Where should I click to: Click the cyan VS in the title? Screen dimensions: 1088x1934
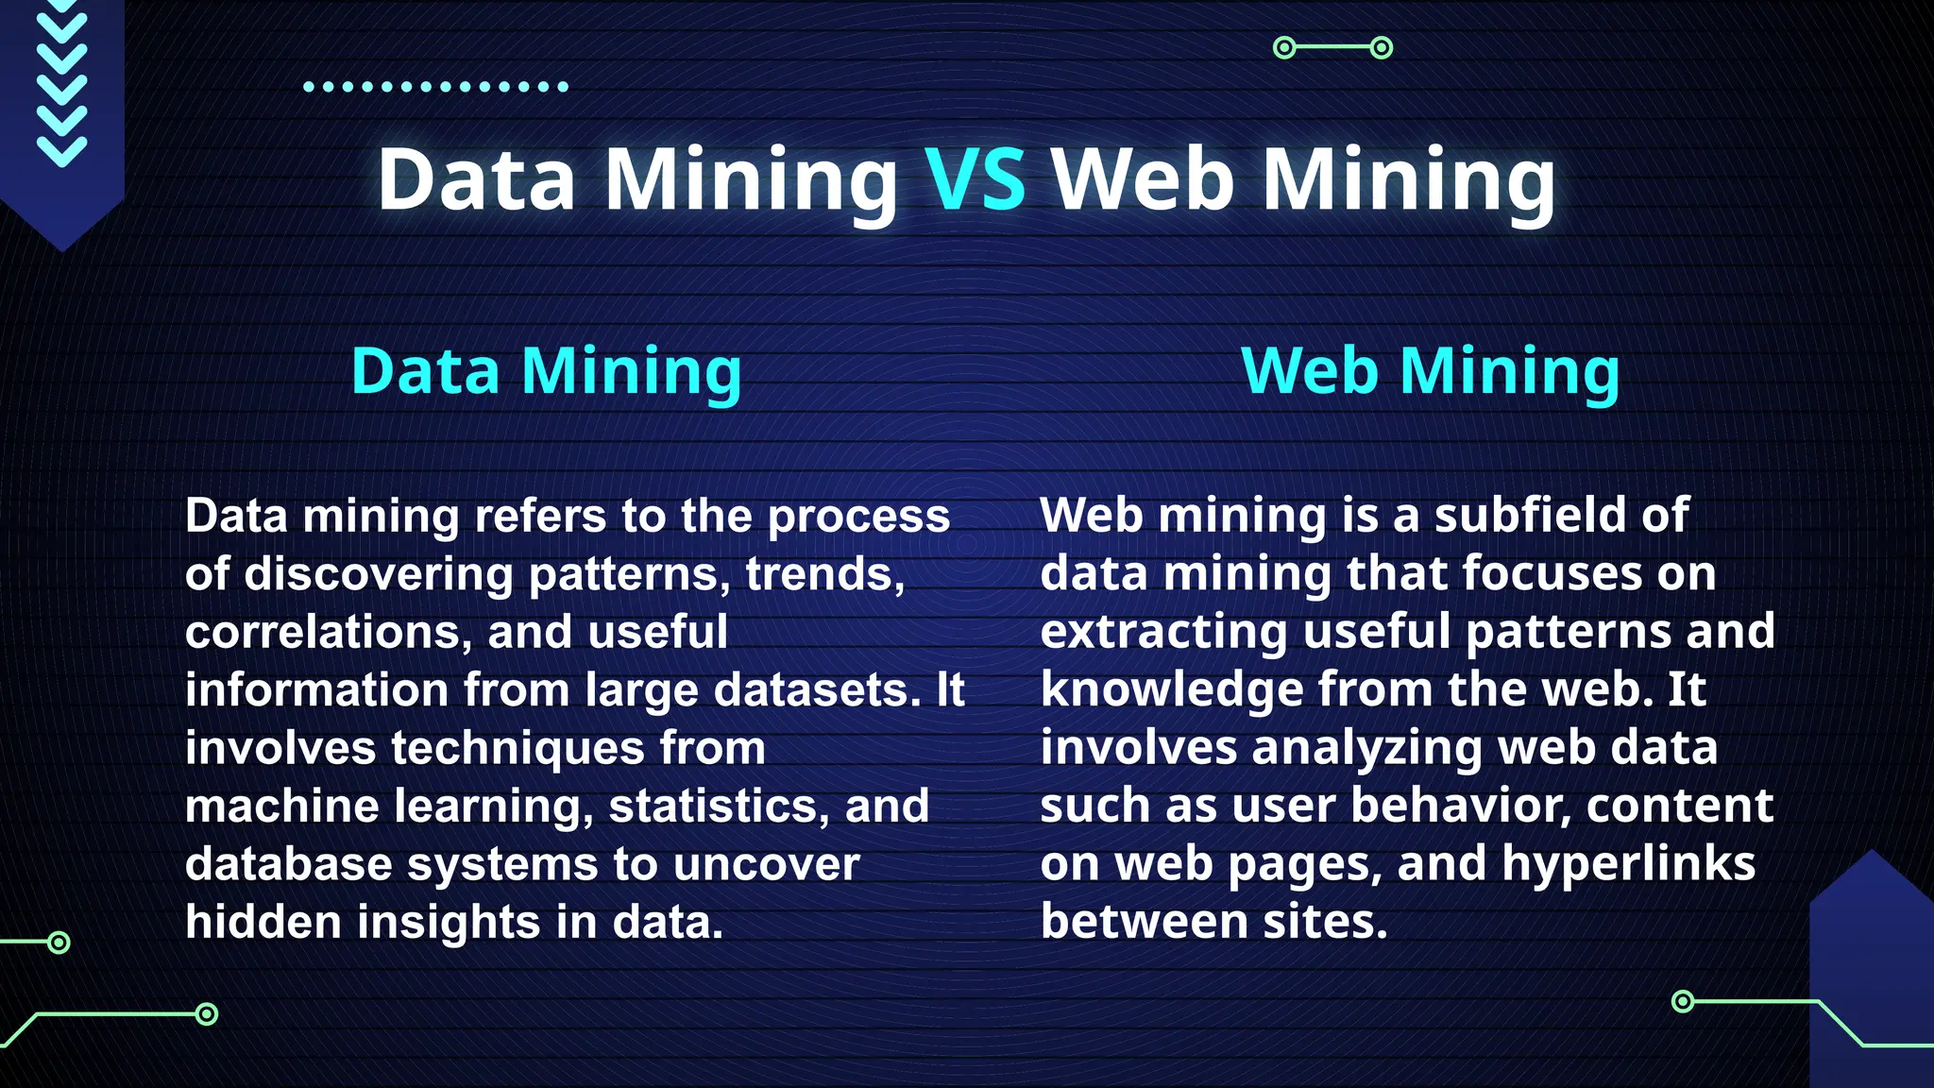[x=975, y=179]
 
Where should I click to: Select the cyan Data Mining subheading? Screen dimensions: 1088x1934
[x=546, y=370]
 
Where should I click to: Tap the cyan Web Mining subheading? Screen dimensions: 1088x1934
[x=1430, y=370]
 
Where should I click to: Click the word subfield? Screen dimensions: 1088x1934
[x=1530, y=516]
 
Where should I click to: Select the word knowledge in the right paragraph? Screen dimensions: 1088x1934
[x=1171, y=689]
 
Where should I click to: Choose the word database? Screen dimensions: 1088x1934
[x=288, y=864]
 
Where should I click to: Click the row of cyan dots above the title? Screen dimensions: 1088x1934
[x=435, y=87]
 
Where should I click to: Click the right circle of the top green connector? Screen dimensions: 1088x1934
[x=1381, y=47]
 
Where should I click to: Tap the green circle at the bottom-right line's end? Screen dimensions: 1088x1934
[x=1683, y=1001]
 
